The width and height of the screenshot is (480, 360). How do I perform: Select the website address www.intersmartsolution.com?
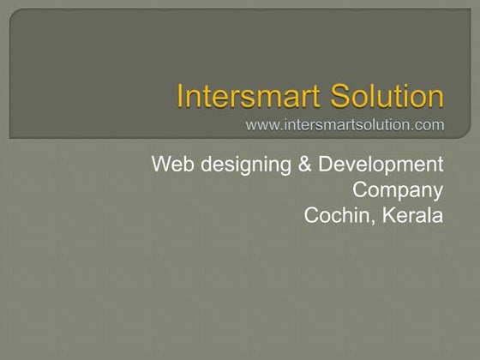coord(345,126)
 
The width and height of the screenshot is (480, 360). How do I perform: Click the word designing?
coord(245,165)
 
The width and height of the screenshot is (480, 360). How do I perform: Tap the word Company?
coord(399,190)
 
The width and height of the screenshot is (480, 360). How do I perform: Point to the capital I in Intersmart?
coord(180,96)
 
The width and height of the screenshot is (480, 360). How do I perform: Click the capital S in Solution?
coord(333,96)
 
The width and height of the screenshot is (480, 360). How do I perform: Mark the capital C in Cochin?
coord(312,215)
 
